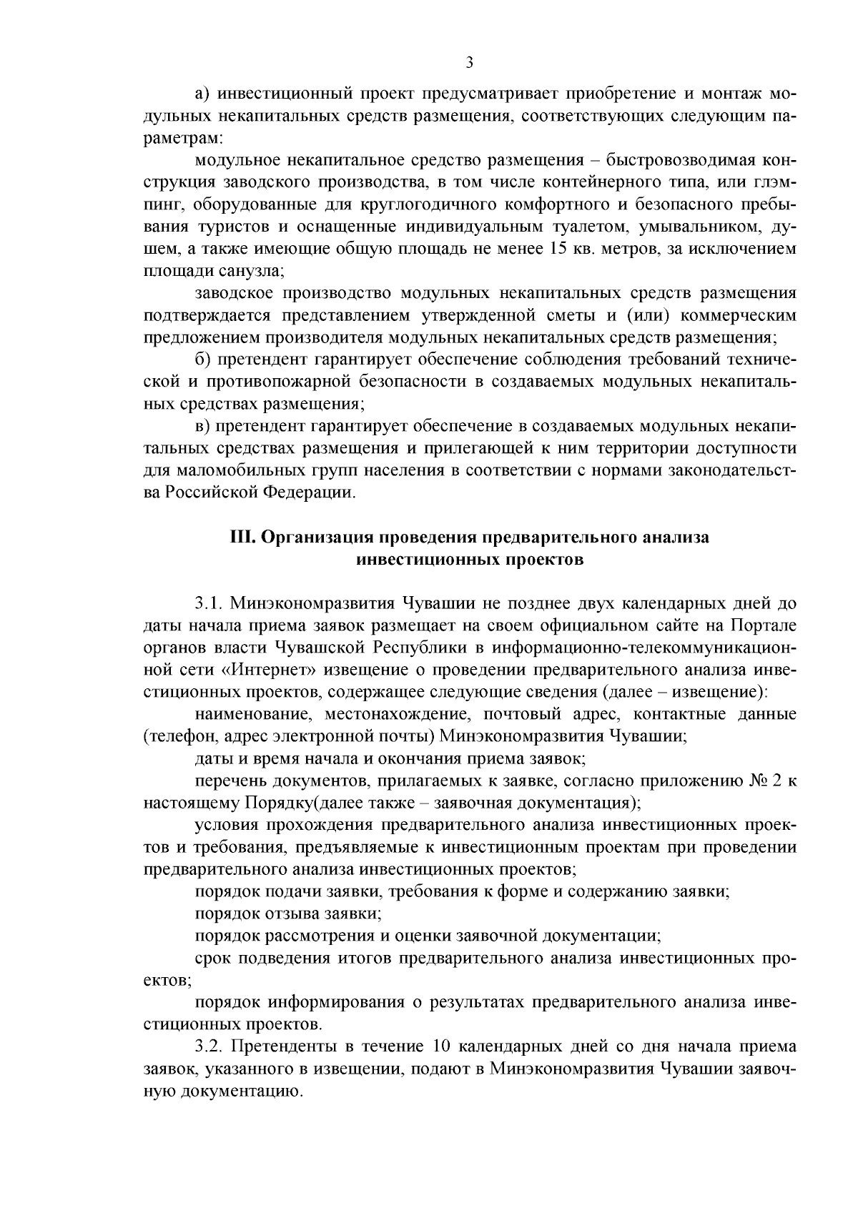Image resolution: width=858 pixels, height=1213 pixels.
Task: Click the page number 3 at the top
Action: pyautogui.click(x=469, y=63)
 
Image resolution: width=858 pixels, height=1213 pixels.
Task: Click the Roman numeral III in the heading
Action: pyautogui.click(x=240, y=537)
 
